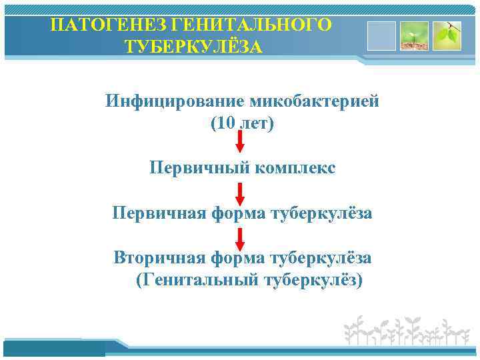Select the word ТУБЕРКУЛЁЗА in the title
(193, 48)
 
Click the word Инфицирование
(175, 102)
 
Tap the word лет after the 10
(255, 124)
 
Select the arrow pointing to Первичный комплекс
(241, 143)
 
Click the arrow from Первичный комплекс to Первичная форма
(241, 192)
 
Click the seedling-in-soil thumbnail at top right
(413, 36)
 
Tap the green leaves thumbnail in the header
(446, 36)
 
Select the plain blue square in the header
(381, 36)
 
